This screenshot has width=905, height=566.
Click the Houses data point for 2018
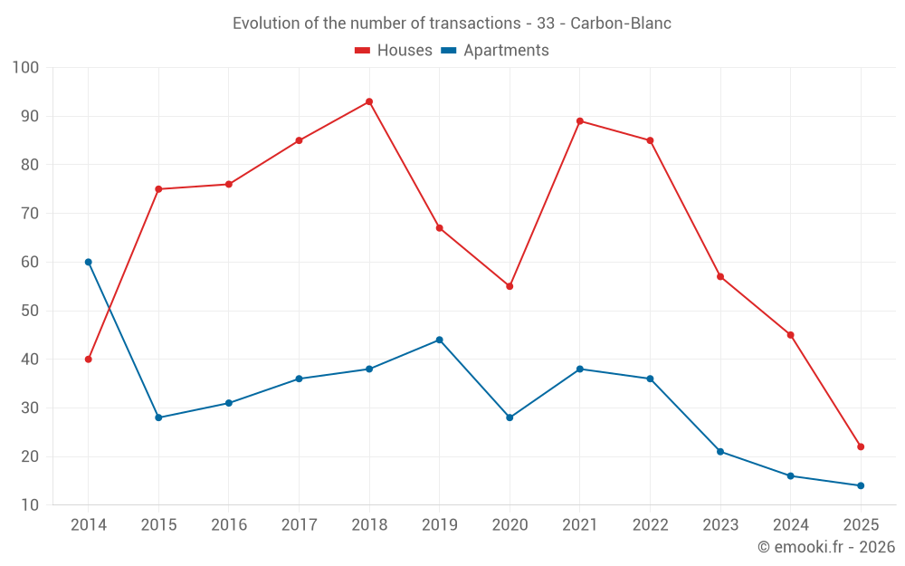[369, 101]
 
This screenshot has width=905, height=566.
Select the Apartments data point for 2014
[88, 262]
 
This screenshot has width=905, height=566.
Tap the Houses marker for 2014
[88, 360]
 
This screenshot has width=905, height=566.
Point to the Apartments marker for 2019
[439, 340]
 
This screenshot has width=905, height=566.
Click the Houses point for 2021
[580, 121]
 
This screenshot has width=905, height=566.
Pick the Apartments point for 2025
[861, 485]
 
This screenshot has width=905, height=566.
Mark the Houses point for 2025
[861, 446]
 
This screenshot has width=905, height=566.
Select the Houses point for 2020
[510, 286]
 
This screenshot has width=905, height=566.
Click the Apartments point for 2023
[720, 451]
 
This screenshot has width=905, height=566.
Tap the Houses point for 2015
[158, 189]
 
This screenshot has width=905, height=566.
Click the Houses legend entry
[393, 51]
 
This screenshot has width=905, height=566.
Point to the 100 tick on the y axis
[26, 68]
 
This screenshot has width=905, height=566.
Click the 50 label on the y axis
[30, 311]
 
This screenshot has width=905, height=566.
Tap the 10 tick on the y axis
[30, 505]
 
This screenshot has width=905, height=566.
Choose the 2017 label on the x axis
[299, 525]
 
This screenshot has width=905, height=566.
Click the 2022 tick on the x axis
[650, 525]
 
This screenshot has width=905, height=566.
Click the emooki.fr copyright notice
[825, 547]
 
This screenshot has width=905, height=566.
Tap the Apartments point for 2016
[228, 403]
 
